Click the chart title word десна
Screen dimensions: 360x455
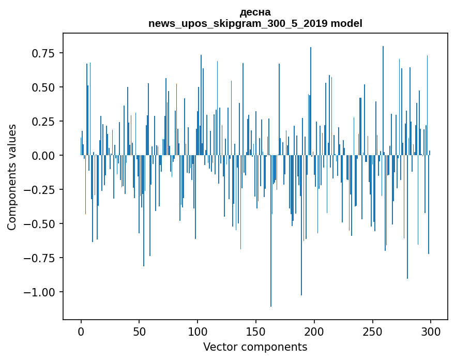pos(255,12)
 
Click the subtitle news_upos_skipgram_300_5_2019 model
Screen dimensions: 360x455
pos(255,23)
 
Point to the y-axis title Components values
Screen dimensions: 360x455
pos(11,177)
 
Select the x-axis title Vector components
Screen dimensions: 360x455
pos(255,347)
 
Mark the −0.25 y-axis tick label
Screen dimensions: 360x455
pos(41,190)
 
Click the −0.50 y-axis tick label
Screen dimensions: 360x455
pos(41,224)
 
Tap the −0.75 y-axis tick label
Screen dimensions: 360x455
pos(41,258)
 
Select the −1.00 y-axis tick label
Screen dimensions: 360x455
pos(41,292)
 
